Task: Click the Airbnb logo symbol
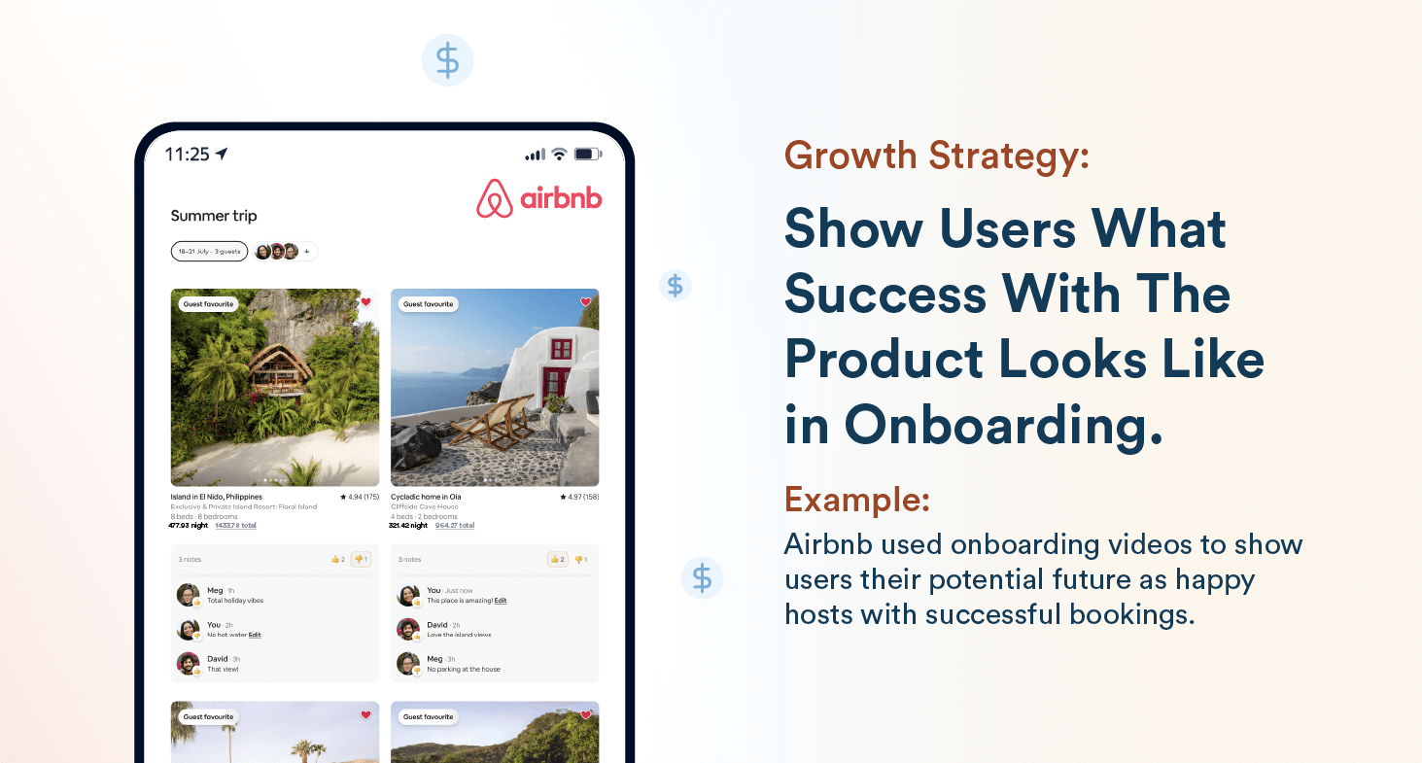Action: pos(495,199)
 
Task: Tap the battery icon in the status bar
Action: pos(587,154)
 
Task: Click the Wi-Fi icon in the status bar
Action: pos(558,154)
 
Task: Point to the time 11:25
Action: pos(187,154)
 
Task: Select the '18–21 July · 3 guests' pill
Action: pos(209,252)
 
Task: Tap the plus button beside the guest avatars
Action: pos(307,252)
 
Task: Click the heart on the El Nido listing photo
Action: pos(365,302)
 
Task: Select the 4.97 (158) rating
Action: pos(579,497)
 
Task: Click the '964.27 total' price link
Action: pos(455,525)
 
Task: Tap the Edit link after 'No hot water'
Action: pos(255,635)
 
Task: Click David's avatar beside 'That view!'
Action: pos(188,664)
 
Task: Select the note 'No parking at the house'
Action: pos(464,670)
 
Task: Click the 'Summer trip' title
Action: pos(214,216)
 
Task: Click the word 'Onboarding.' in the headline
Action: pos(1002,425)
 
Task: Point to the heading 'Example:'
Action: pos(856,500)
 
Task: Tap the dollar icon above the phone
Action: pos(447,60)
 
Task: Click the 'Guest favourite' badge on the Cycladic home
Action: pos(429,304)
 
